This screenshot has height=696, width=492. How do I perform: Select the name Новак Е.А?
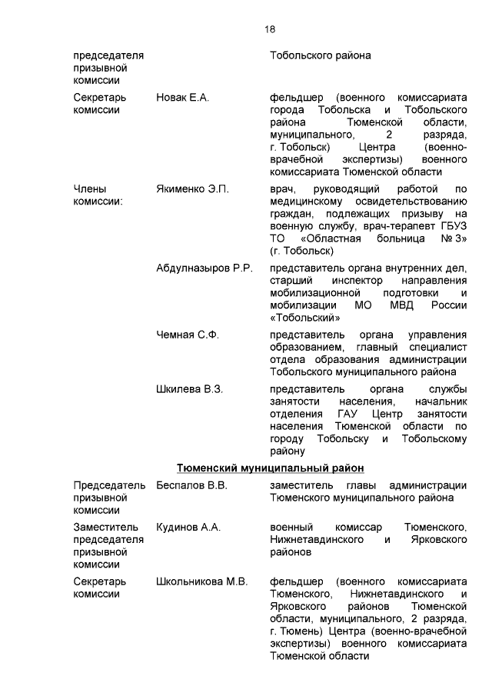click(x=182, y=98)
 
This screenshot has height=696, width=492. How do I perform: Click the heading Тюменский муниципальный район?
click(x=270, y=468)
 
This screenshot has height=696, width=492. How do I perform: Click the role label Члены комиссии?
click(x=98, y=195)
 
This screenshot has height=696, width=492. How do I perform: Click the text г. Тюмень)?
click(x=301, y=631)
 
